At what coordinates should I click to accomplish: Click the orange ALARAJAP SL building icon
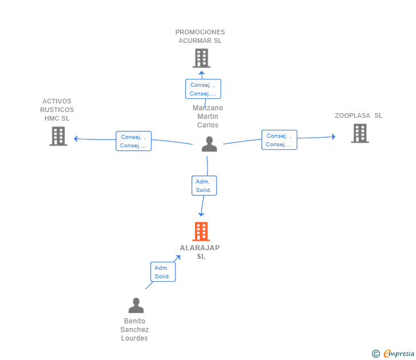(x=201, y=231)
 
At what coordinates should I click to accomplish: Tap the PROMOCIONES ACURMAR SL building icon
(x=201, y=58)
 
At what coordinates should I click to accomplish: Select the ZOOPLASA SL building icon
(x=359, y=133)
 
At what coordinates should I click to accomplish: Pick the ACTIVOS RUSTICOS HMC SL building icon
(x=58, y=136)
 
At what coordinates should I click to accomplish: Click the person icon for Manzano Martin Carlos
(x=209, y=144)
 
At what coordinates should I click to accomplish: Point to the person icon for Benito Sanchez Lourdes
(x=135, y=306)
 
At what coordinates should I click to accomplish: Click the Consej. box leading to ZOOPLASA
(x=279, y=140)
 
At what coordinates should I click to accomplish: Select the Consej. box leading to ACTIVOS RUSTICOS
(x=134, y=141)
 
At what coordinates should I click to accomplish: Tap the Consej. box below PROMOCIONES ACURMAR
(x=203, y=89)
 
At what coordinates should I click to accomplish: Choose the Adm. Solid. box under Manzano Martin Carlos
(x=204, y=186)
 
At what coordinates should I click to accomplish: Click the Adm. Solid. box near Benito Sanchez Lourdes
(x=162, y=272)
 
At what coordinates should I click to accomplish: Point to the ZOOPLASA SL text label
(x=358, y=115)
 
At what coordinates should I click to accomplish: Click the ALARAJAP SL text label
(x=200, y=252)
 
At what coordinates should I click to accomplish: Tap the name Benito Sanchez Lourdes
(x=134, y=330)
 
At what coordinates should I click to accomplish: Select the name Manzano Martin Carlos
(x=207, y=117)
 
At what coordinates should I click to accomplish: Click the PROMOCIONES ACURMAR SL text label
(x=200, y=37)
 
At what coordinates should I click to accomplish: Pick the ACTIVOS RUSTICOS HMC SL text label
(x=57, y=110)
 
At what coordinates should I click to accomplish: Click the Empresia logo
(x=399, y=354)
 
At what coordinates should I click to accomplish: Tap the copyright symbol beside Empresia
(x=376, y=354)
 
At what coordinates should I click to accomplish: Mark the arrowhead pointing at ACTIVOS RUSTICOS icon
(x=75, y=138)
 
